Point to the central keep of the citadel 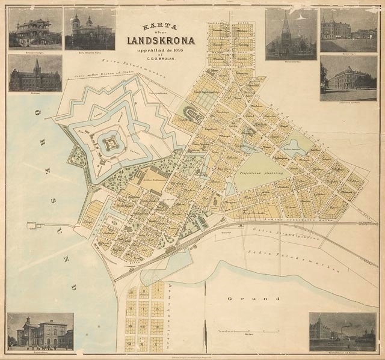tap(109, 144)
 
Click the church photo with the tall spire tap(291, 34)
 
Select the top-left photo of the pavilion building tap(35, 28)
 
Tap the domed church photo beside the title tap(89, 28)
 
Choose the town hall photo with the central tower tap(35, 73)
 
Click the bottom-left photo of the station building tap(40, 331)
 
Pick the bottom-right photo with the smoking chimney tap(342, 331)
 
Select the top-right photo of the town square tap(348, 30)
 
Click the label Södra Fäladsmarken tap(301, 258)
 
